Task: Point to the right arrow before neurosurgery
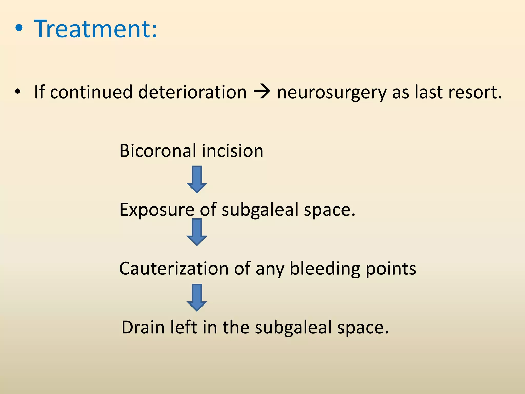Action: pos(261,92)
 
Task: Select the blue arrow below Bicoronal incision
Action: pos(197,179)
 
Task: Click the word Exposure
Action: pos(157,210)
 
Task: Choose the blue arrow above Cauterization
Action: pos(197,232)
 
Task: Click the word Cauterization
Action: pos(174,269)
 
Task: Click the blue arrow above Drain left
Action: pos(197,298)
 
